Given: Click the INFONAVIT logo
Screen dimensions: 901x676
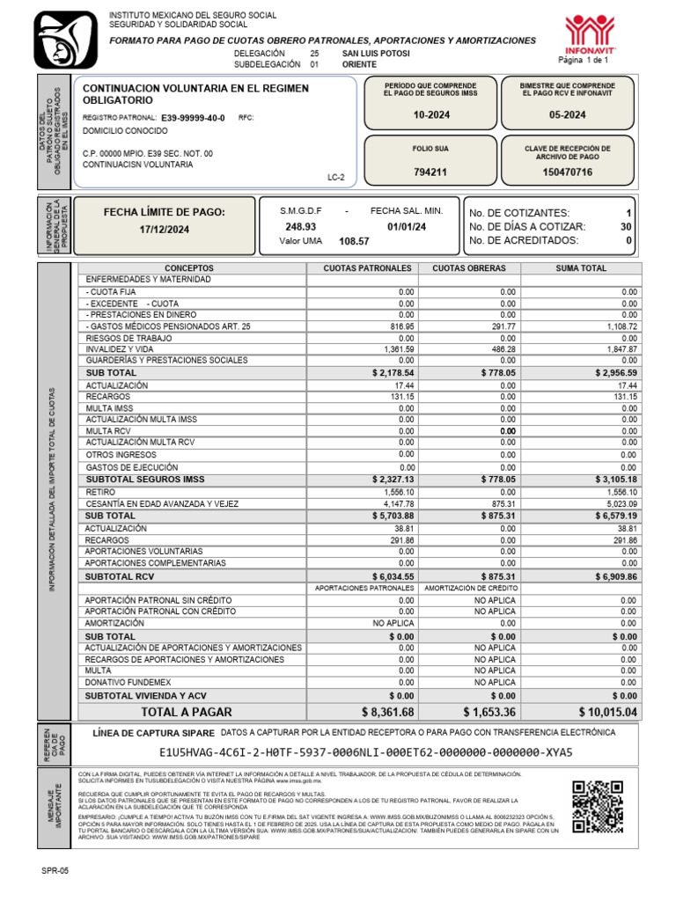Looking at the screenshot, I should tap(590, 33).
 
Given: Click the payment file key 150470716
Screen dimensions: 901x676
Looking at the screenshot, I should tap(567, 172).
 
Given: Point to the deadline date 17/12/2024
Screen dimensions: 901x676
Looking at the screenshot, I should tap(164, 230).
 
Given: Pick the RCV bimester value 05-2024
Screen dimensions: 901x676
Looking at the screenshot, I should tap(567, 114).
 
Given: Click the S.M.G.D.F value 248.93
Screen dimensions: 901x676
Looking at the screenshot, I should tap(300, 226).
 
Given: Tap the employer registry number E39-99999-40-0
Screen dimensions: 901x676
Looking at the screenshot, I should tap(193, 117).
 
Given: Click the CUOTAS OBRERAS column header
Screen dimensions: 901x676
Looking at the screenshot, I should tap(470, 268).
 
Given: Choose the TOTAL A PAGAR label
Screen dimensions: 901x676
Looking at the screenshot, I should tap(187, 711).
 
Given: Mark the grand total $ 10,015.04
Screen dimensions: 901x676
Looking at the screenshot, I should tap(608, 711).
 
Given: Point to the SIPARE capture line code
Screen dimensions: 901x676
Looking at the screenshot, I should tap(365, 752).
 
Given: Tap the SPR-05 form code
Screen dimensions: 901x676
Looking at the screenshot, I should tap(54, 869).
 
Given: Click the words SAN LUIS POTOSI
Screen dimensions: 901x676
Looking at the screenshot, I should tap(376, 54).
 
